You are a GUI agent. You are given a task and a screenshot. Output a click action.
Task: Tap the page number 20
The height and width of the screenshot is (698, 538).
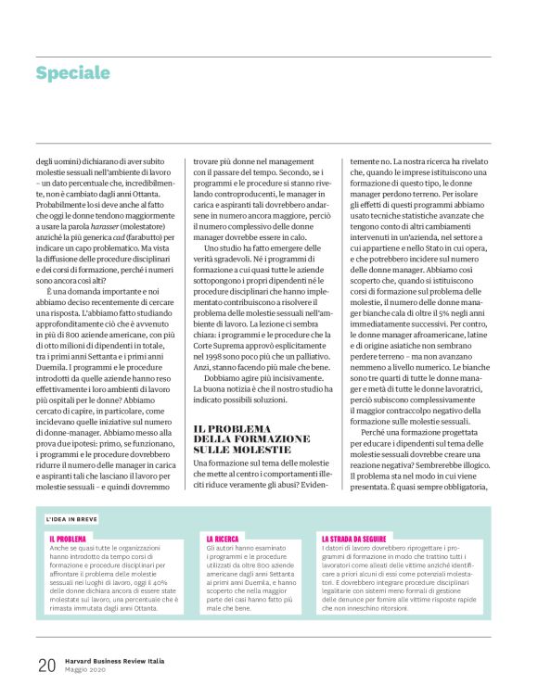click(46, 664)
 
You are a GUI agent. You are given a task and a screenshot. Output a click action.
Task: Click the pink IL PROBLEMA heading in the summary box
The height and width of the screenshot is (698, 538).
click(68, 538)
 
